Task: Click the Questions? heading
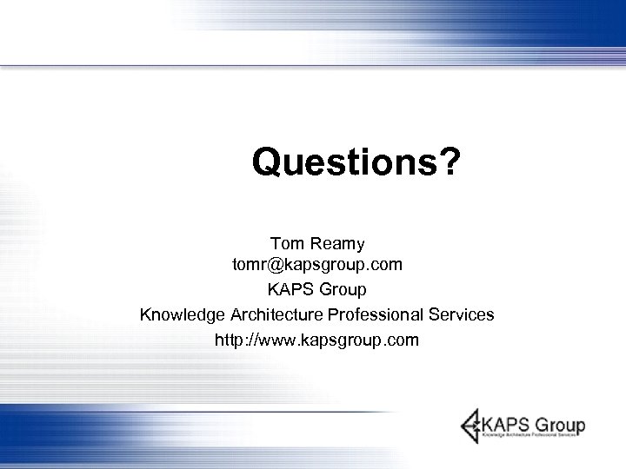pos(356,162)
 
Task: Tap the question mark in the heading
pos(449,162)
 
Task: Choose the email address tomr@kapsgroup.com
pos(316,264)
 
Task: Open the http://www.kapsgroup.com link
pos(316,340)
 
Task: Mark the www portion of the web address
pos(281,340)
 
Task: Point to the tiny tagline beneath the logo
pos(531,439)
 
